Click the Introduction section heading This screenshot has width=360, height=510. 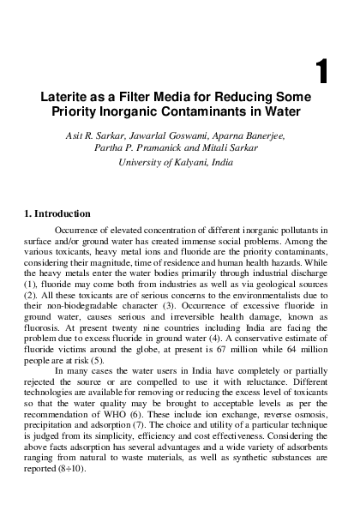coord(61,212)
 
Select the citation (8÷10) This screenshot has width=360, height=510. coord(88,447)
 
